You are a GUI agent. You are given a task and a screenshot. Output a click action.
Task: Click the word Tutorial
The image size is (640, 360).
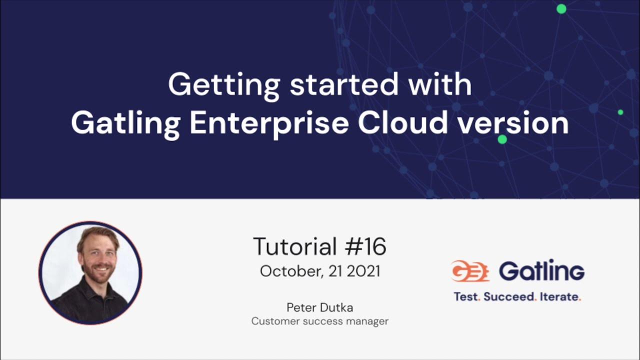(x=295, y=246)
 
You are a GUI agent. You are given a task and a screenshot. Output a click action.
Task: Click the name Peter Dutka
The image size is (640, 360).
(x=320, y=307)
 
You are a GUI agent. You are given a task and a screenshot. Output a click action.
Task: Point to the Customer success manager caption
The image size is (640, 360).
(x=320, y=321)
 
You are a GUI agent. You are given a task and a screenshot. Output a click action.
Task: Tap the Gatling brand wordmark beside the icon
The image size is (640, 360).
(x=541, y=271)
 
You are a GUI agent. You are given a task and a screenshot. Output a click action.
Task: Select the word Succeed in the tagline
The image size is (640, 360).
(x=508, y=296)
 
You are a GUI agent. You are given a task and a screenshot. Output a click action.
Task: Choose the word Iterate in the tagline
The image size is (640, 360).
(x=559, y=296)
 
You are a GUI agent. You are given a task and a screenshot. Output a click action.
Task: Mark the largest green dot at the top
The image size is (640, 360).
(x=561, y=8)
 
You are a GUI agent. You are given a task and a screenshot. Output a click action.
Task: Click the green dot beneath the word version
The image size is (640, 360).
(x=502, y=139)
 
